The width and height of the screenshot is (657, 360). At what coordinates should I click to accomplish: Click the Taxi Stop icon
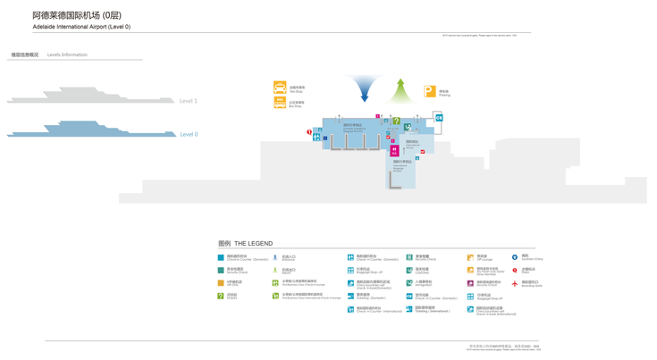pos(280,88)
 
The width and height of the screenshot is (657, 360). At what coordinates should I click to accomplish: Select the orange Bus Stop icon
pos(280,104)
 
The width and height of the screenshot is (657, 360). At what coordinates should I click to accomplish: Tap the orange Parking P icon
pos(430,91)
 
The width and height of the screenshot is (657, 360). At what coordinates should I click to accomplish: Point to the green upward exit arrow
pos(400,91)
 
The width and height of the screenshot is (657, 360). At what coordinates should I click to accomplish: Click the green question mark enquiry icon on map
pos(397,121)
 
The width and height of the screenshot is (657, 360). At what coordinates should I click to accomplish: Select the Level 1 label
pos(189,101)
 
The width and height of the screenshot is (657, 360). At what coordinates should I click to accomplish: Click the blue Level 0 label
pos(189,134)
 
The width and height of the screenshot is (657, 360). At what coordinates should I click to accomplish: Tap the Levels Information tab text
pos(67,54)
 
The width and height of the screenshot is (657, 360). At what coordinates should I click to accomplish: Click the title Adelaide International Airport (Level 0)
pos(81,27)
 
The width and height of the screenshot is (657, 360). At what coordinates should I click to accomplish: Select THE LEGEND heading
pos(246,243)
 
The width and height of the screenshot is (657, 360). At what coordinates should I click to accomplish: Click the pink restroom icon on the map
pos(394,152)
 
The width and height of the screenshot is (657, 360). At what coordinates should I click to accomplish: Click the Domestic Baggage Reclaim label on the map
pos(354,128)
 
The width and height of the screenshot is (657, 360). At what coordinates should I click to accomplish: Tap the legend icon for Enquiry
pos(221,296)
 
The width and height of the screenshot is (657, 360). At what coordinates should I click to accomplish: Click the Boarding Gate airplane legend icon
pos(515,283)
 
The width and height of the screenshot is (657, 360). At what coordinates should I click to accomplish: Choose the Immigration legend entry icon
pos(409,283)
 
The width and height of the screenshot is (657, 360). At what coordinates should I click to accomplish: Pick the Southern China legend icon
pos(515,257)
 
